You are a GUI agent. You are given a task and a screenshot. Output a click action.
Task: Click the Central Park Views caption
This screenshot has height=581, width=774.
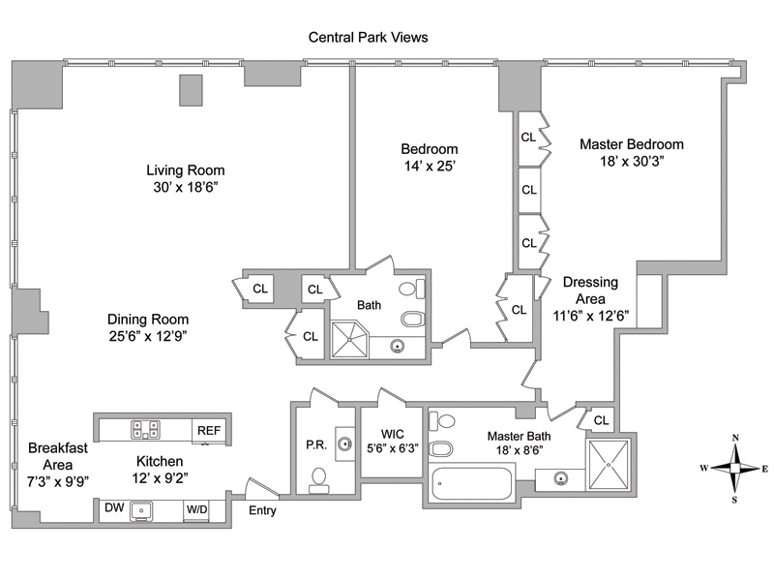[x=368, y=38]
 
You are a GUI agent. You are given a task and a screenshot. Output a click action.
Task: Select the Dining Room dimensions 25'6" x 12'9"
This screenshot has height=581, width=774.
[x=147, y=336]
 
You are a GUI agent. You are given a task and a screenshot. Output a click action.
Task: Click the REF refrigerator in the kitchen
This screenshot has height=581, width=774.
[x=209, y=430]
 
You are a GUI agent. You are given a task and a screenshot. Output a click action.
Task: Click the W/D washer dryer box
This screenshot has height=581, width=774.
[x=196, y=507]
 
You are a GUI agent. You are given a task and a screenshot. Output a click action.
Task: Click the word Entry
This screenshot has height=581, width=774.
[x=263, y=510]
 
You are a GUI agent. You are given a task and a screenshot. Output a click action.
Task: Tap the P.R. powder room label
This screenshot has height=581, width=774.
[x=315, y=444]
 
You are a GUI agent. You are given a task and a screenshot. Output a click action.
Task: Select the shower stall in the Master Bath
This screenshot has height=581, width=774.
[x=608, y=467]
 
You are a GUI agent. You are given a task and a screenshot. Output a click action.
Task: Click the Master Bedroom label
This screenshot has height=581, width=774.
[x=631, y=144]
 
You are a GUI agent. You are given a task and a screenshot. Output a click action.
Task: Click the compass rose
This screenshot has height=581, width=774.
[x=734, y=469]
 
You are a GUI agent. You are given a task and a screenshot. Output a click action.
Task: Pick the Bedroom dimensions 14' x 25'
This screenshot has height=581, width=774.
[x=430, y=167]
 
